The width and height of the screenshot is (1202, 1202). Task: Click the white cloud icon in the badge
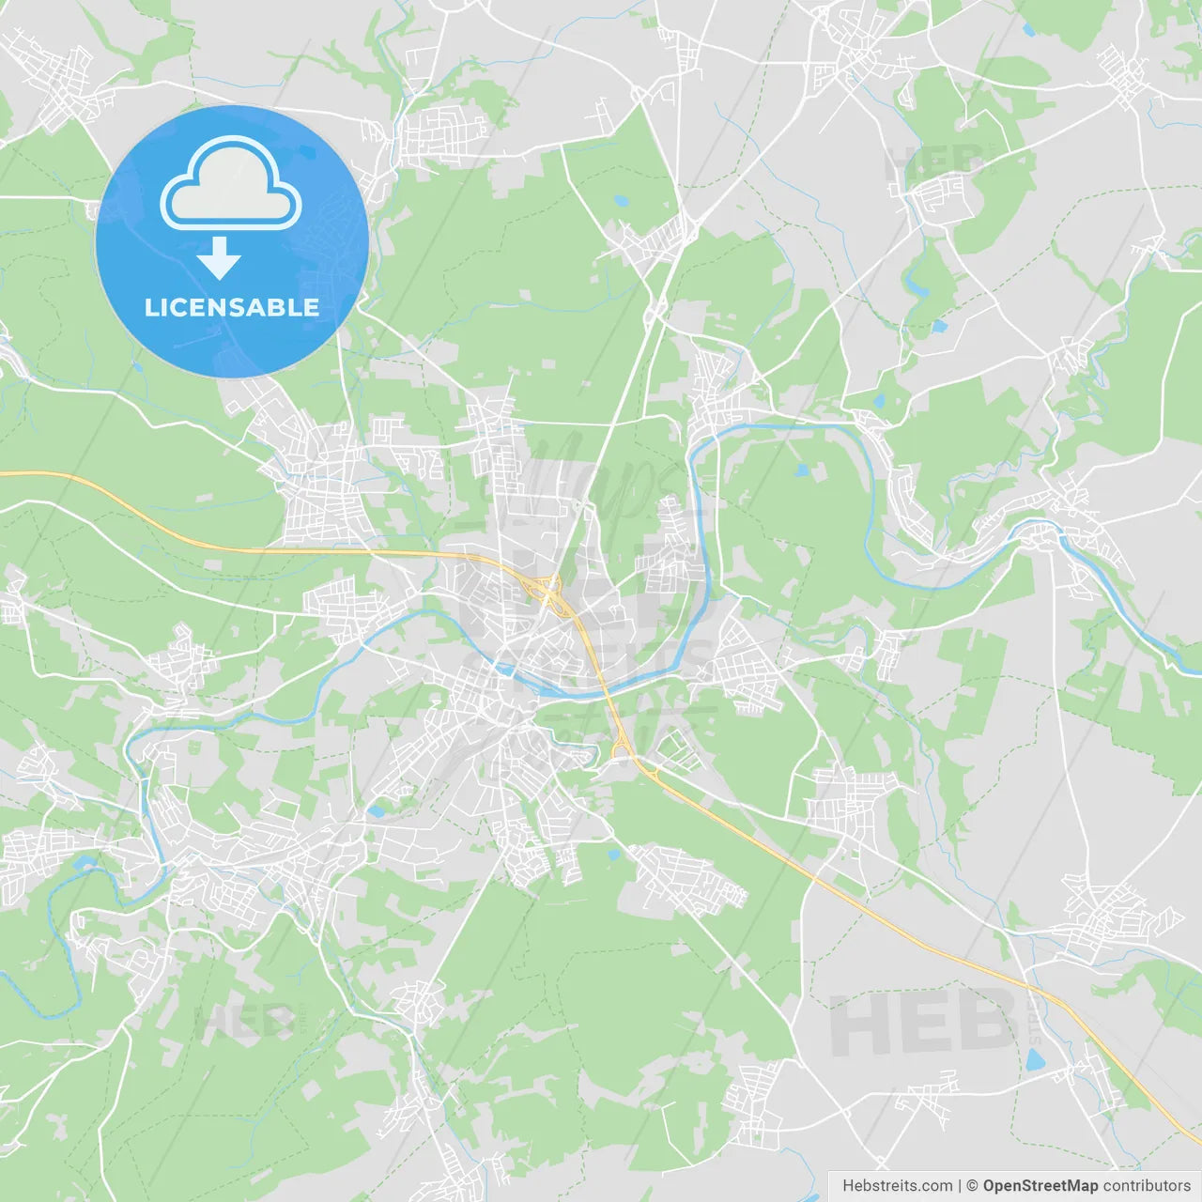231,185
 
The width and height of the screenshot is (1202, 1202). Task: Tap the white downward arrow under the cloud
219,258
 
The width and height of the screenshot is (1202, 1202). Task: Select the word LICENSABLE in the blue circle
232,307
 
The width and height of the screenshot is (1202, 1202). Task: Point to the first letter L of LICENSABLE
150,307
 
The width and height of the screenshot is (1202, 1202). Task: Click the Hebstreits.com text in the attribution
897,1186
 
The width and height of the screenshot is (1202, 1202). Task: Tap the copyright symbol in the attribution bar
972,1186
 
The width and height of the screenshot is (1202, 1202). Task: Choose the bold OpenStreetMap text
1040,1186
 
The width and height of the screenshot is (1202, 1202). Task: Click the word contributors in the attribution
1147,1186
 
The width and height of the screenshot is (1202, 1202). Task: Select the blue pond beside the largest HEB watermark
1035,1061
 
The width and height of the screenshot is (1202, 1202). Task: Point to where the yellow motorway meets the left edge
3,473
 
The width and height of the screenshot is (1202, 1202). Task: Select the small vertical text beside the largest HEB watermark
1035,1022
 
